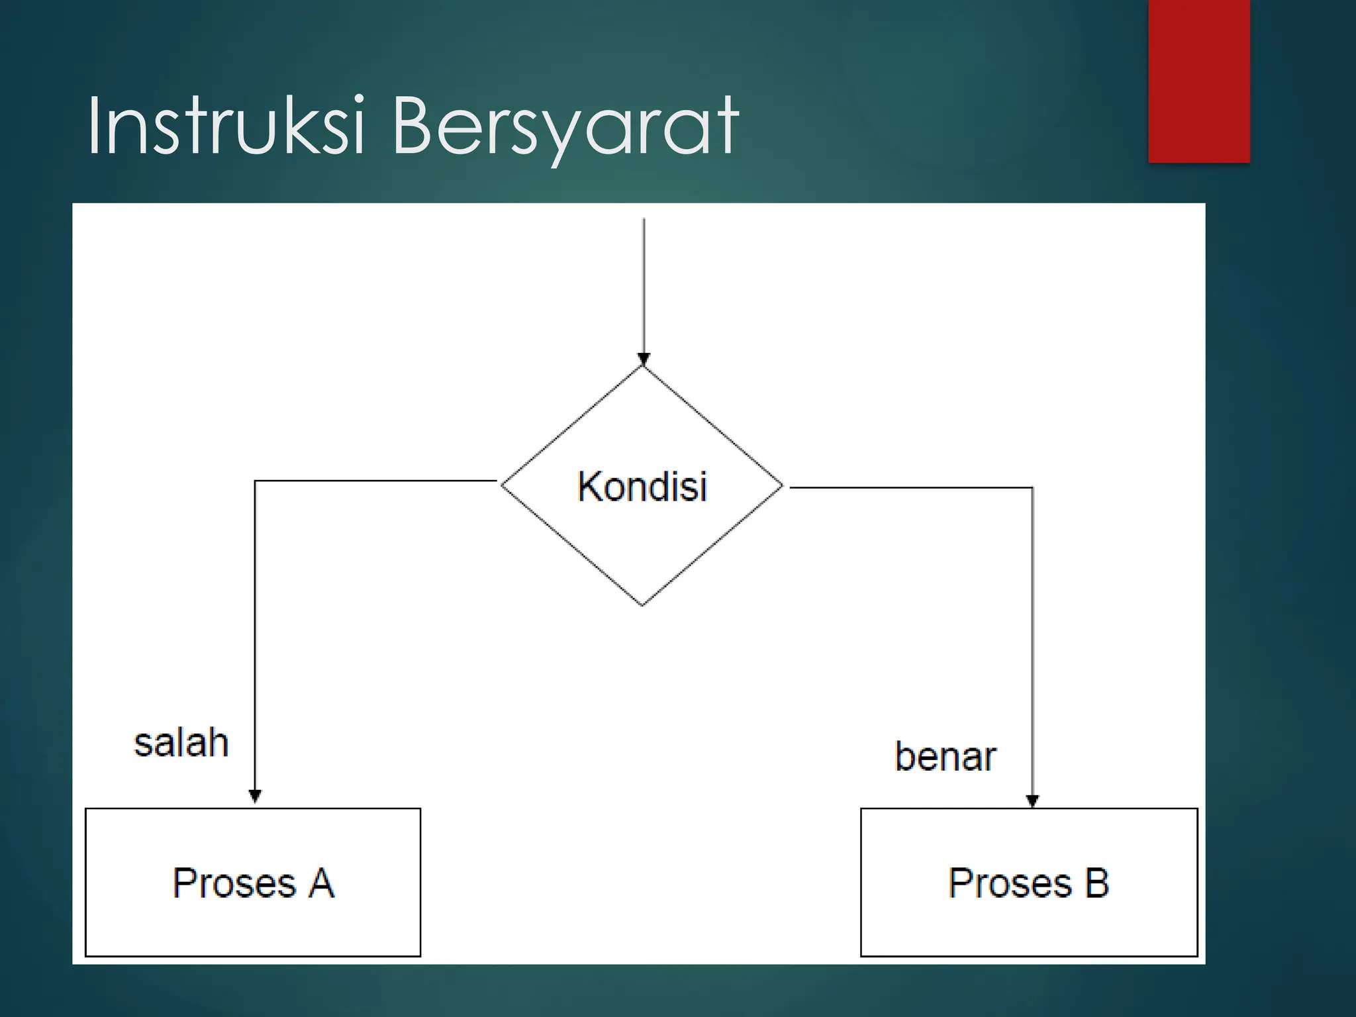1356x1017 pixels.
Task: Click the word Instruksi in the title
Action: click(x=225, y=126)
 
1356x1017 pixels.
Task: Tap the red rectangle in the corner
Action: click(x=1198, y=81)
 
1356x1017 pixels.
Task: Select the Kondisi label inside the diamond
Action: click(x=642, y=487)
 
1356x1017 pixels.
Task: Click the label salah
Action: click(x=181, y=743)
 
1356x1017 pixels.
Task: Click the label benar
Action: click(x=945, y=757)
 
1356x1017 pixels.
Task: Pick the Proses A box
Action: click(x=253, y=882)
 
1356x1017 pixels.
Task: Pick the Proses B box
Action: click(x=1029, y=882)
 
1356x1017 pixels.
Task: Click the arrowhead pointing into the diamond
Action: click(x=644, y=360)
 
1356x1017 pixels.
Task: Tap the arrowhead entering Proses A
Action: click(x=255, y=796)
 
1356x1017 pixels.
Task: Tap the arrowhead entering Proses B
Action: click(x=1032, y=801)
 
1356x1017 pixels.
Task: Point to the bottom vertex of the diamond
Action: click(x=642, y=605)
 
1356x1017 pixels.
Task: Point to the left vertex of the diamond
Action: click(x=503, y=485)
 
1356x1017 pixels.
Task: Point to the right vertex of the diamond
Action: click(x=782, y=485)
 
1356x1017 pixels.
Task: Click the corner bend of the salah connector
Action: click(x=256, y=481)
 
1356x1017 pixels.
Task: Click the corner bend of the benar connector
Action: click(x=1032, y=488)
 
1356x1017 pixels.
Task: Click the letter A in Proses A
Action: click(x=321, y=883)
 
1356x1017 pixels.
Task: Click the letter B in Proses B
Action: click(x=1096, y=883)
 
